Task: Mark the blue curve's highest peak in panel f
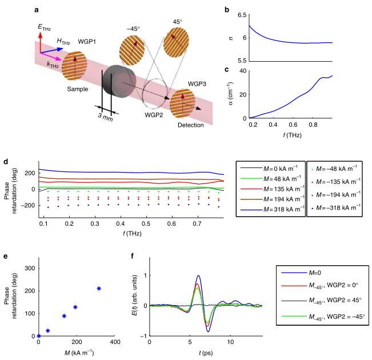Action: coord(198,276)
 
